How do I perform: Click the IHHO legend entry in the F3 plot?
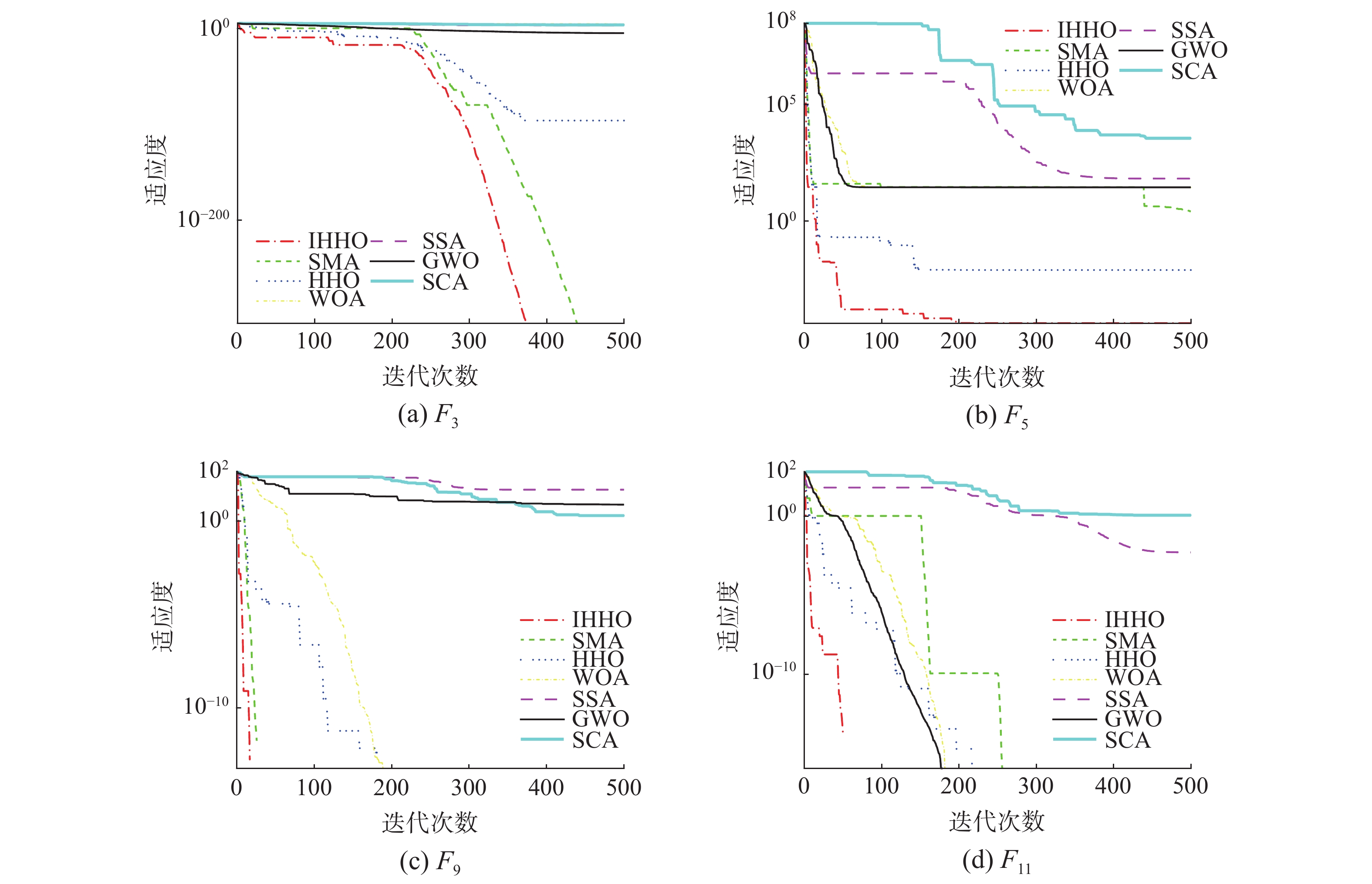[x=338, y=240]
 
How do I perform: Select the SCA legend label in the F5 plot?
[x=1193, y=72]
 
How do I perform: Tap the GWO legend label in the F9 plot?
[x=601, y=719]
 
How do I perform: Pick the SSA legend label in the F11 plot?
[x=1126, y=699]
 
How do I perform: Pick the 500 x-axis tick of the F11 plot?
[x=1190, y=786]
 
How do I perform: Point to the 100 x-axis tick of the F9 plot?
[x=314, y=788]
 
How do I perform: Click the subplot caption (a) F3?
[x=428, y=415]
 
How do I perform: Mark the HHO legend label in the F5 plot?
[x=1083, y=70]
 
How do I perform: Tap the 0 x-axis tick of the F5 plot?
[x=804, y=341]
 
